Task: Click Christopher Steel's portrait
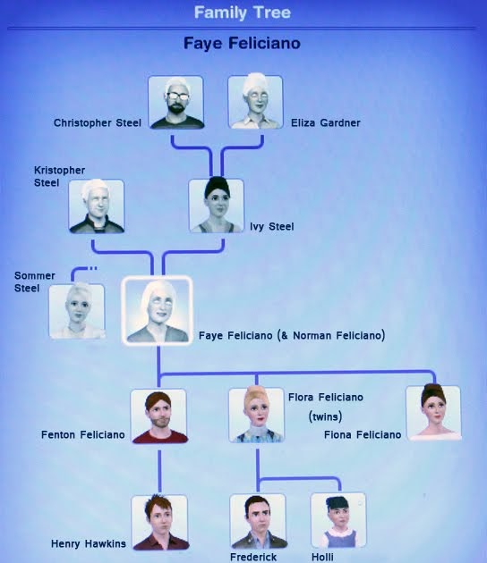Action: pos(175,102)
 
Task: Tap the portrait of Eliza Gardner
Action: pos(255,102)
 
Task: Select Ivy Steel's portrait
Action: pos(216,206)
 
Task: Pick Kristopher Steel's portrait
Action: pos(97,206)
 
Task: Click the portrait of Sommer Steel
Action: pos(77,311)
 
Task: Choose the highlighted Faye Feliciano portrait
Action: pos(158,310)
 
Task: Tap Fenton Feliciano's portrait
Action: pos(159,416)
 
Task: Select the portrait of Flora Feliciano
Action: pos(256,415)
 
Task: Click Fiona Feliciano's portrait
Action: pos(433,413)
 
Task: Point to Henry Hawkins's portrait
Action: pos(159,523)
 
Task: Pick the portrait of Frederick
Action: pos(258,521)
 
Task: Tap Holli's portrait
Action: pos(338,520)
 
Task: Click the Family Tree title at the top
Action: pos(243,13)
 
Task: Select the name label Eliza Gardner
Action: pos(326,122)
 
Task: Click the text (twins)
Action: pos(325,416)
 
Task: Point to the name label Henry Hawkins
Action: pos(89,543)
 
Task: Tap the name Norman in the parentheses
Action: pos(312,335)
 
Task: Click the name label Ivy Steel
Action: pos(272,227)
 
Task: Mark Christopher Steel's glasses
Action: pos(177,96)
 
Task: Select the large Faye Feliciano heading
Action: pos(242,44)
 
